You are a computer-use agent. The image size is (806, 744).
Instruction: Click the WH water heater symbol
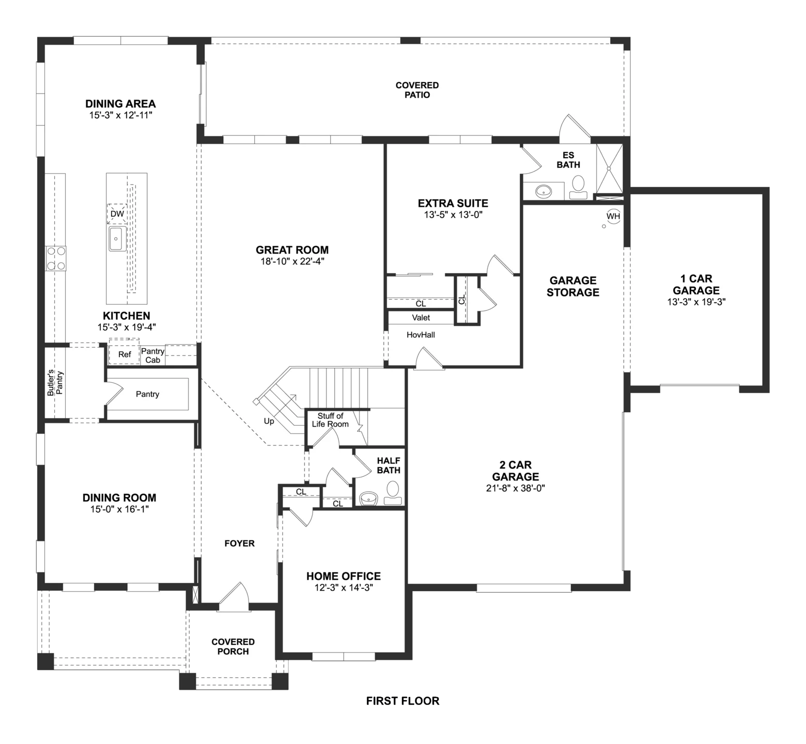tap(613, 216)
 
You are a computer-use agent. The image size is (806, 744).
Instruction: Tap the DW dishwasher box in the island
tap(117, 213)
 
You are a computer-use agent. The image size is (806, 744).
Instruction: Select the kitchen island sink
tap(117, 239)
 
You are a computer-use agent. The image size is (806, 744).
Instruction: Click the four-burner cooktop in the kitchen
tap(56, 258)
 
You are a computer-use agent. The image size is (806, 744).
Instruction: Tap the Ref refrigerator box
tap(124, 354)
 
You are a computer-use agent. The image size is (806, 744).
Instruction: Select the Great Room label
tap(292, 250)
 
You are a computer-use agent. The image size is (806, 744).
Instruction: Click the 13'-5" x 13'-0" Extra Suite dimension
tap(453, 215)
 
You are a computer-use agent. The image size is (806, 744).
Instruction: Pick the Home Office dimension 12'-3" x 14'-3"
tap(343, 588)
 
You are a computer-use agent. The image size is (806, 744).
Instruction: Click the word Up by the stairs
tap(269, 421)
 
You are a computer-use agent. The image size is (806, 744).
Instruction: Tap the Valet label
tap(421, 318)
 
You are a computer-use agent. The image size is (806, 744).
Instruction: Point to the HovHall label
tap(421, 335)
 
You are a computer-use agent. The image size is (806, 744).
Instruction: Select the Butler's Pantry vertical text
tap(55, 383)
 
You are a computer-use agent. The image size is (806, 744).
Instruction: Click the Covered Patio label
tap(417, 90)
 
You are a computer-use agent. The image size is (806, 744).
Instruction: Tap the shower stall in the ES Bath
tap(610, 167)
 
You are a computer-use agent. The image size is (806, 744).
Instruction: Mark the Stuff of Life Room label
tap(330, 420)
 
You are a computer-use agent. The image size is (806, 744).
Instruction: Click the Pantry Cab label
tap(152, 355)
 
